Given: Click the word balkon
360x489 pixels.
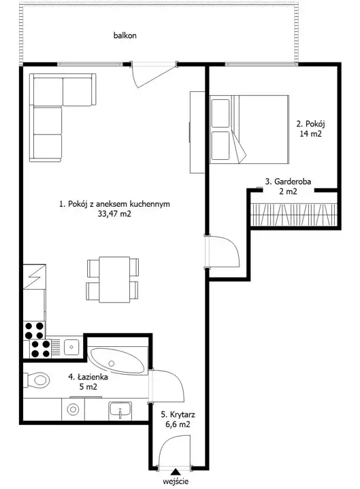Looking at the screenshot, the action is tap(125, 35).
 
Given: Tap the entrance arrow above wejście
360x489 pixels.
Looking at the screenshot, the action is tap(176, 472).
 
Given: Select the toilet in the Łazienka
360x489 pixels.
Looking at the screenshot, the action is tap(37, 380).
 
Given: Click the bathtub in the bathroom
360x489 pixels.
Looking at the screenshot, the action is tap(117, 361).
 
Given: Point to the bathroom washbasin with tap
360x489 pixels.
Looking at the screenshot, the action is tap(120, 409).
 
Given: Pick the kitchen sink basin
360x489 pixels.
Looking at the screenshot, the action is tap(71, 347).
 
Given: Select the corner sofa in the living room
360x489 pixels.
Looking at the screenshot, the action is tap(62, 117).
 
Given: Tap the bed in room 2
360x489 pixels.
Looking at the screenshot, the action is tap(249, 129).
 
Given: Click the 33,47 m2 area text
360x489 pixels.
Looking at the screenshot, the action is tap(114, 214).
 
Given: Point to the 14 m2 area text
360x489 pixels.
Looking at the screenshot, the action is tap(311, 134).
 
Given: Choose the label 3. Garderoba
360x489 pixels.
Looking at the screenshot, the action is tap(288, 182).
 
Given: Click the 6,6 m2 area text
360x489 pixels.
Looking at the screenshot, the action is tap(178, 424).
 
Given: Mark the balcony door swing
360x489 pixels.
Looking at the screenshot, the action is tap(153, 75).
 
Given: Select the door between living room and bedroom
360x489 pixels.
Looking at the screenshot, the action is tap(222, 252).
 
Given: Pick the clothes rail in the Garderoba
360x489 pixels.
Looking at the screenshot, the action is tap(294, 214).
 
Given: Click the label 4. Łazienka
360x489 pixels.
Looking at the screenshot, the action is tap(88, 377).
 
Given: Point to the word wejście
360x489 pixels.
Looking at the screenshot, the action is tap(176, 482).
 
